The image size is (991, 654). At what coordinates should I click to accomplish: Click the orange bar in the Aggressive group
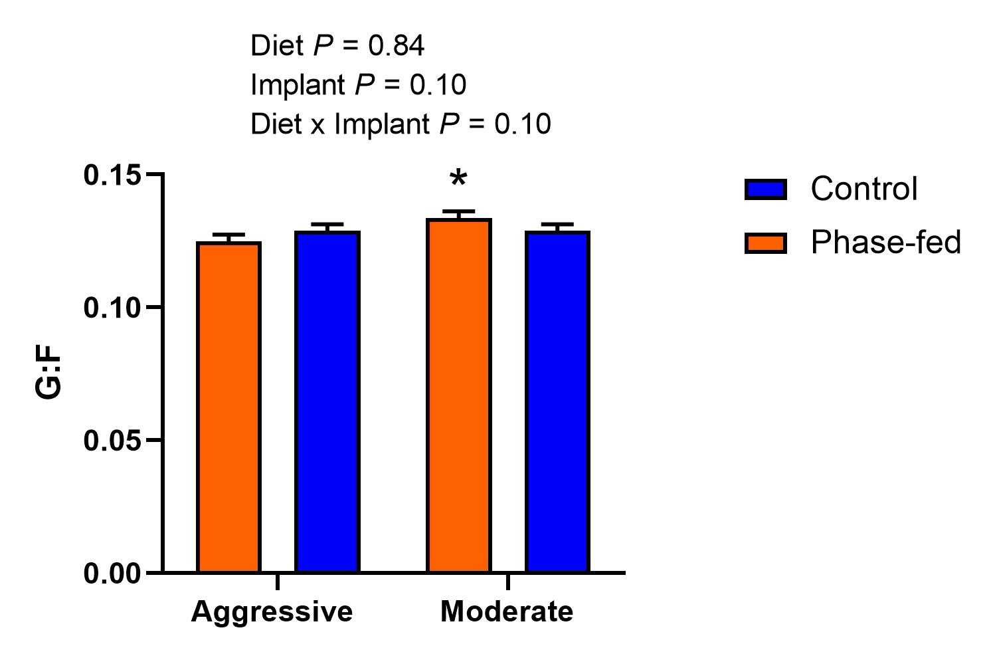click(229, 407)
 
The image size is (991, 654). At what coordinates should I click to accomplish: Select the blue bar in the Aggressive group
click(327, 401)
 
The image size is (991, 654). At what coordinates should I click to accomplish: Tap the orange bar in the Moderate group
click(459, 395)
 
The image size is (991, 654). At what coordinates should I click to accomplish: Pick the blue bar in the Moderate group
click(557, 401)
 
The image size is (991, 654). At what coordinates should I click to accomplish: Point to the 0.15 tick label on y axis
click(113, 175)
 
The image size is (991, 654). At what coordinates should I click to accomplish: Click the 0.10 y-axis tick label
click(113, 308)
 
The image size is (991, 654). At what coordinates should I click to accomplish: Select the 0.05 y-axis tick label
click(113, 441)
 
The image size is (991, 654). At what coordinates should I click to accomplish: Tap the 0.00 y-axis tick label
click(113, 574)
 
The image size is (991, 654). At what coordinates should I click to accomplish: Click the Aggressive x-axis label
click(272, 611)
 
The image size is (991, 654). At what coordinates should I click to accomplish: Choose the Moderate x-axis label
click(507, 611)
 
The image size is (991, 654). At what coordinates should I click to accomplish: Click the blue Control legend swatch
click(766, 189)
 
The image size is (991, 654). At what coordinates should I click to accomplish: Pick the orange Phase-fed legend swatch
click(766, 243)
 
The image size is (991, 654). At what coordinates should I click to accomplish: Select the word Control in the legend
click(864, 189)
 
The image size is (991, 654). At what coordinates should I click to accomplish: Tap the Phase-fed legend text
click(886, 243)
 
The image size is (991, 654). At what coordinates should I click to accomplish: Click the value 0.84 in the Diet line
click(397, 46)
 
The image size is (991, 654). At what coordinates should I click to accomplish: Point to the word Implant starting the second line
click(298, 85)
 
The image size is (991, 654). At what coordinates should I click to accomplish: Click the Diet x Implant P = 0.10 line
click(401, 124)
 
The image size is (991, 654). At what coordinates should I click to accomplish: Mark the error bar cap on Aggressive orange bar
click(229, 235)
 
